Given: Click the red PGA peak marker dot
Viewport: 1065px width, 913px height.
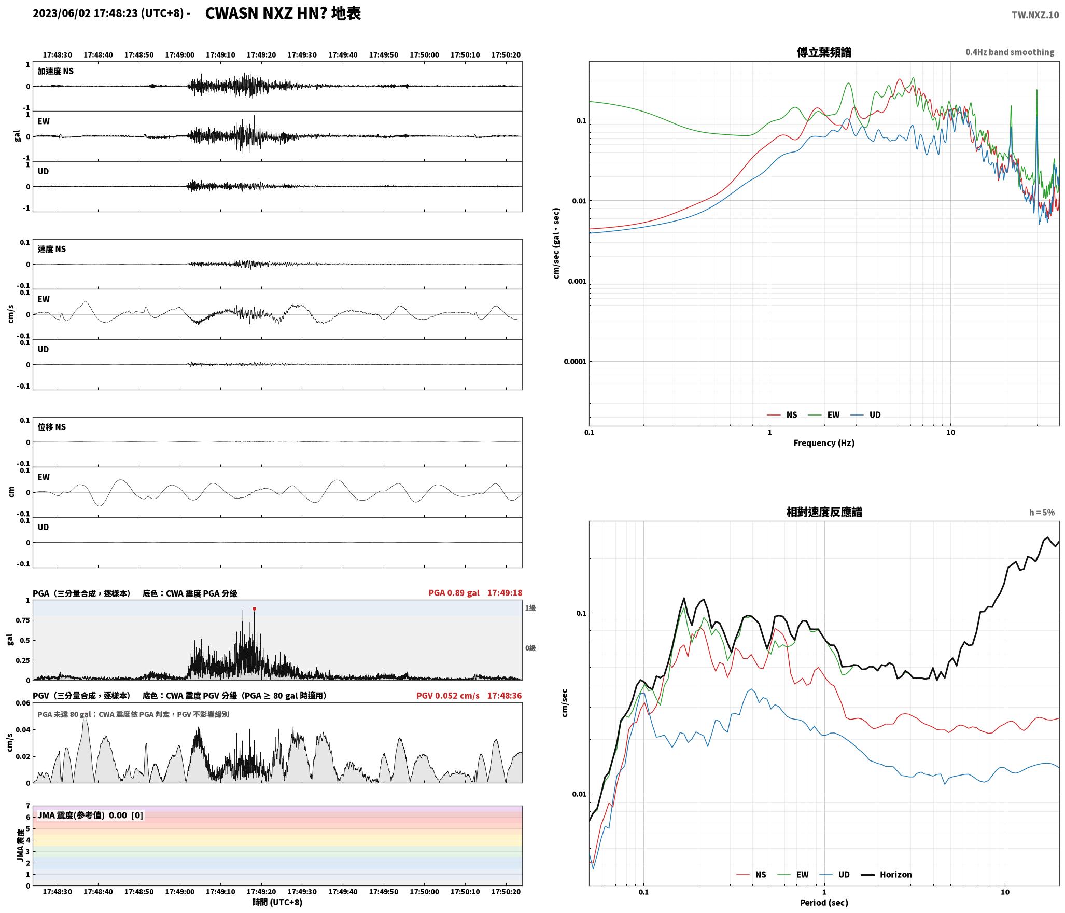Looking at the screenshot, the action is [254, 608].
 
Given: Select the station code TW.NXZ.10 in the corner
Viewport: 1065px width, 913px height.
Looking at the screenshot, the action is [1035, 15].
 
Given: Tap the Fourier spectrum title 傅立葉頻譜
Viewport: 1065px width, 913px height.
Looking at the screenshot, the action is [824, 52].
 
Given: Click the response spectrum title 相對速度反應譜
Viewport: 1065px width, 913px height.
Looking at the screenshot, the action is [824, 512].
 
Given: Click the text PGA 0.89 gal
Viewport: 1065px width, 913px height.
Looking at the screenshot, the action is [454, 593].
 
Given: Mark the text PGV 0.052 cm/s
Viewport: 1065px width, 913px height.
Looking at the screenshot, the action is [448, 696].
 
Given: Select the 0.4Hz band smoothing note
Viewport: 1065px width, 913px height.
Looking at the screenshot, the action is [1010, 52].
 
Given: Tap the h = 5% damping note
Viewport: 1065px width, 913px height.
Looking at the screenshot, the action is [1042, 513].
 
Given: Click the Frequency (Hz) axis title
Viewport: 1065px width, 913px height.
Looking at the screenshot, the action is [824, 442].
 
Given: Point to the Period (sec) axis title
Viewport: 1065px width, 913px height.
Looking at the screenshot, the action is [824, 903].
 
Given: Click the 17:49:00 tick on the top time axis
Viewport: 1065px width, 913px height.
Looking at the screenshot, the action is [179, 55].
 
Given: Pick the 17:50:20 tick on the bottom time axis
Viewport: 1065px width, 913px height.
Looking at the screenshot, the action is [506, 892].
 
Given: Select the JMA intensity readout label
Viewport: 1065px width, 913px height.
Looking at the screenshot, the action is [90, 815].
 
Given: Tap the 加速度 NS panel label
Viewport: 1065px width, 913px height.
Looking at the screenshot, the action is [55, 71].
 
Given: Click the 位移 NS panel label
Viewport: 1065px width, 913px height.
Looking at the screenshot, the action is [52, 427].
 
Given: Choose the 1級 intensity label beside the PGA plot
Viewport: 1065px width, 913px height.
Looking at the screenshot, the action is [530, 608].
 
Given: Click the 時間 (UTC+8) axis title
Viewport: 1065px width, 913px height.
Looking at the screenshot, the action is [277, 902].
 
